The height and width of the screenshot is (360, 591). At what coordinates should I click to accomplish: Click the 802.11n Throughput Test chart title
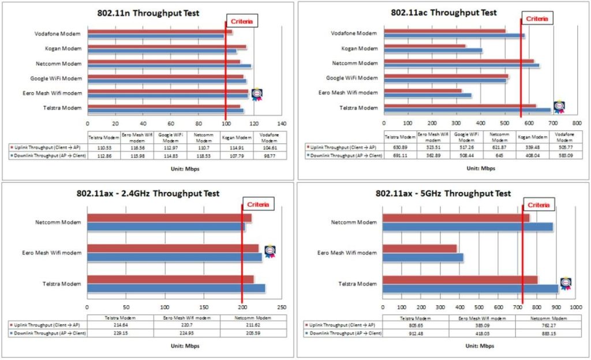pos(148,13)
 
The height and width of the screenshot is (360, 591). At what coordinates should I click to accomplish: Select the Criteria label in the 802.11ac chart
pos(537,19)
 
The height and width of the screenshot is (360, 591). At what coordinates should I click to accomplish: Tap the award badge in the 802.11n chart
pos(256,94)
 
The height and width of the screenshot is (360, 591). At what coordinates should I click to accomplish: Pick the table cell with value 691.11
pos(401,156)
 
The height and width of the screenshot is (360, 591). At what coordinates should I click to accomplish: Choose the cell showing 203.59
pos(256,333)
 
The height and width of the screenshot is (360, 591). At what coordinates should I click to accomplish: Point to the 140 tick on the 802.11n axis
pos(282,123)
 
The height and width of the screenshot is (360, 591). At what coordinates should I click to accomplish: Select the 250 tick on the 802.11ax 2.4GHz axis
pos(282,307)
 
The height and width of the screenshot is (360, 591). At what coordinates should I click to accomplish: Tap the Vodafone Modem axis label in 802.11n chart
pos(58,33)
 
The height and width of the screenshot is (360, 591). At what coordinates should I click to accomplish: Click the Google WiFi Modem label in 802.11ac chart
pos(352,78)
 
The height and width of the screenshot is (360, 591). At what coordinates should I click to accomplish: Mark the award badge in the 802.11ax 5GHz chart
pos(566,283)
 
